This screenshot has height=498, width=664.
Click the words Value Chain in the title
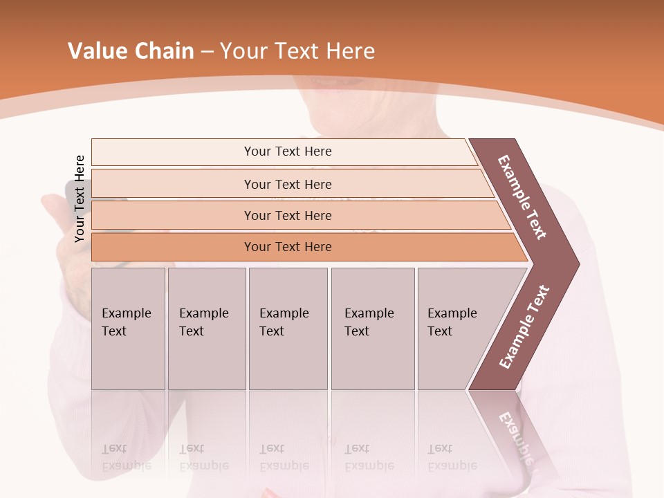coord(131,51)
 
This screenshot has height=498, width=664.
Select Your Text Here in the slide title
coord(297,51)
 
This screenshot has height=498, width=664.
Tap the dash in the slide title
coord(207,52)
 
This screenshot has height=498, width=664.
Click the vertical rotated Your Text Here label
coord(80,199)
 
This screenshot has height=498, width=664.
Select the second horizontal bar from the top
coord(288,184)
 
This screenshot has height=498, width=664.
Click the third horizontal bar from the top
coord(288,215)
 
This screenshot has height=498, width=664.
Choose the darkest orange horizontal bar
coord(288,247)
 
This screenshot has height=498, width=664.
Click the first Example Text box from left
coord(128,329)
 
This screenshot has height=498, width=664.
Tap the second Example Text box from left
coord(206,329)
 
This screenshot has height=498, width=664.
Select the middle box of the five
coord(288,329)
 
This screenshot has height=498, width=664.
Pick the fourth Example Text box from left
coord(372,329)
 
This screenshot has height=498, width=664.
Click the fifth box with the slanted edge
coord(456,329)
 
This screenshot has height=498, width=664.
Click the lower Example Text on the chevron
coord(524,326)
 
